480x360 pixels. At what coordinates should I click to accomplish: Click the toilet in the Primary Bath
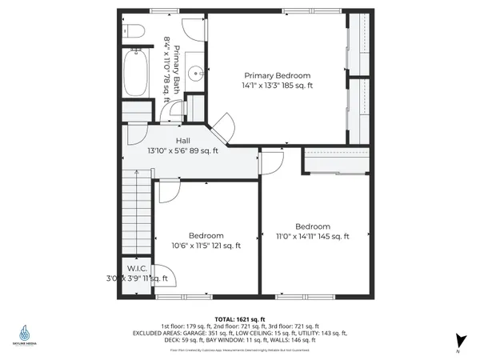(x=134, y=31)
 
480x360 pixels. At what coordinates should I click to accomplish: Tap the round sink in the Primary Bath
(x=194, y=72)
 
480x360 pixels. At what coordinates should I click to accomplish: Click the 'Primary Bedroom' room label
(x=277, y=75)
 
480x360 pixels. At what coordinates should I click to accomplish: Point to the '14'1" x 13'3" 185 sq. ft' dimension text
(x=277, y=85)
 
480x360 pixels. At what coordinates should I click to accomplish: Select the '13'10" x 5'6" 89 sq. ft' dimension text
(x=182, y=150)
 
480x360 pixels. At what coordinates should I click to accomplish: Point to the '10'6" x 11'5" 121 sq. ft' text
(x=206, y=246)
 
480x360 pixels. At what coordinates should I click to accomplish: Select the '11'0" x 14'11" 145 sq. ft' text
(x=312, y=236)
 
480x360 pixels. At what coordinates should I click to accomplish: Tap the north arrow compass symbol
(x=458, y=341)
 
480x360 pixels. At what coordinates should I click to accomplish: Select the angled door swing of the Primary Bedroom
(x=222, y=124)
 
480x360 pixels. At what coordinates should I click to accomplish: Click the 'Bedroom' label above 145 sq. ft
(x=312, y=226)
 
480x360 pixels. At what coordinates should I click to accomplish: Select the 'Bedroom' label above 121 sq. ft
(x=206, y=236)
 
